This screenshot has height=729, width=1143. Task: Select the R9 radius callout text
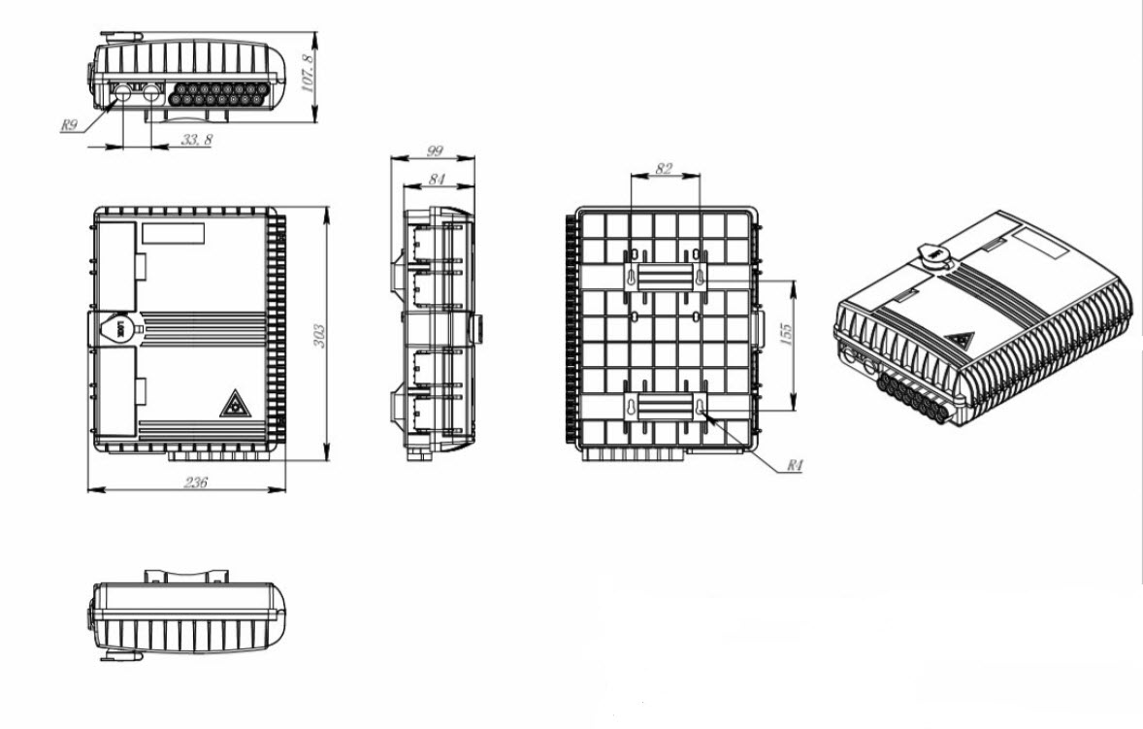[x=69, y=124]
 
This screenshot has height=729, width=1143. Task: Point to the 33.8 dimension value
[x=196, y=139]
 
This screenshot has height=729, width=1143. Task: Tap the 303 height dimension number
[x=318, y=336]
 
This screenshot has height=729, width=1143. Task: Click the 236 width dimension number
[x=195, y=481]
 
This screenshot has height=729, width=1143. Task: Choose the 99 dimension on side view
[x=435, y=151]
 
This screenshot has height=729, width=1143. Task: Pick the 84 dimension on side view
[x=436, y=179]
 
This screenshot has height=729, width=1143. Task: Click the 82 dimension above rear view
[x=664, y=168]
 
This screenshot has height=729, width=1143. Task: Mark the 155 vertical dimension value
[x=785, y=336]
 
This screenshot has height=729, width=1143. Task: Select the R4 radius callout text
[x=795, y=465]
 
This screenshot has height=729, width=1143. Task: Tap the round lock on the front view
[x=115, y=329]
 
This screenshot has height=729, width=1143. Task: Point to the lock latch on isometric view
[x=933, y=255]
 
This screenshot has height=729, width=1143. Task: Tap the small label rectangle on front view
[x=174, y=234]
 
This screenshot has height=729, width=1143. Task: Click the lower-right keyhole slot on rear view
[x=700, y=408]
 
